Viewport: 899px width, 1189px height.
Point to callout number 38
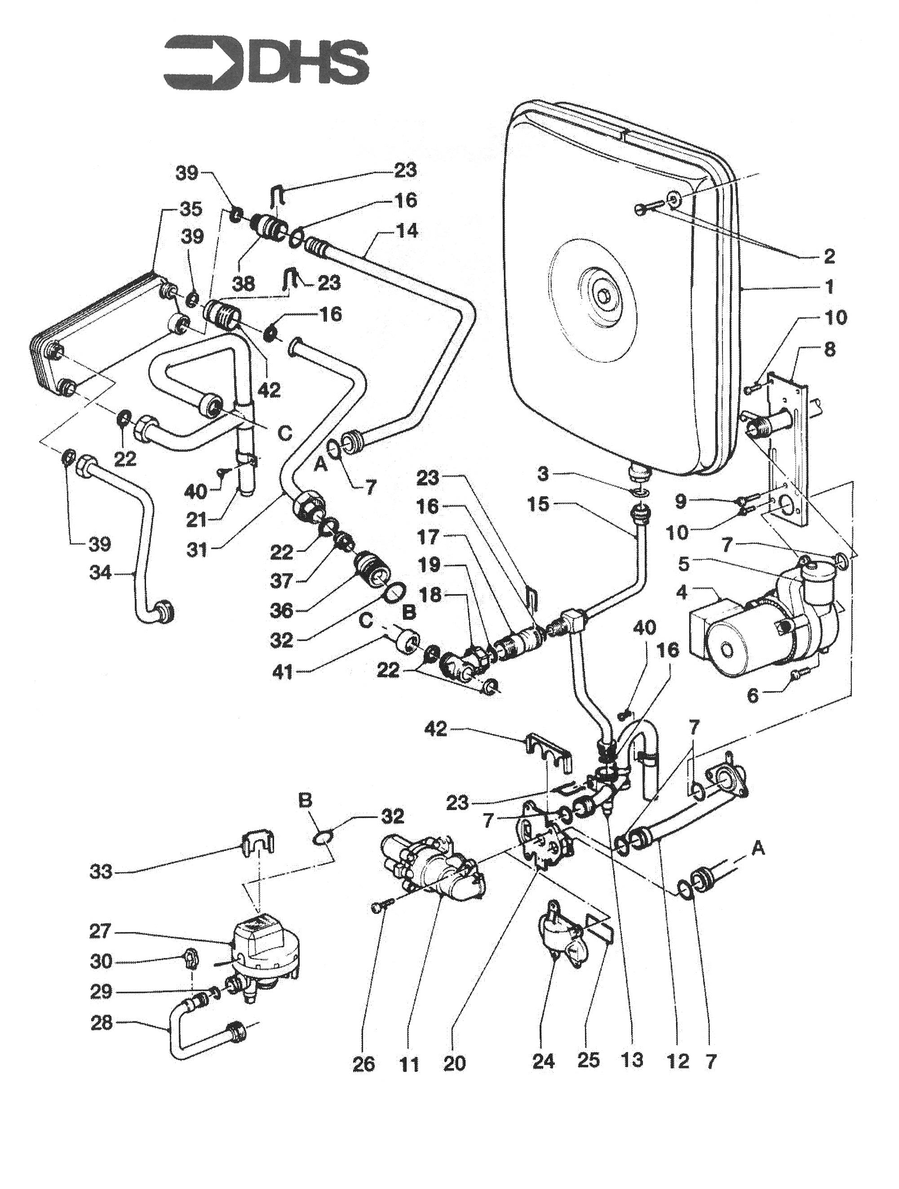tap(244, 283)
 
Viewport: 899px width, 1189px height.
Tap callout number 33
tap(101, 871)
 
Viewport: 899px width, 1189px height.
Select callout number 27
tap(101, 931)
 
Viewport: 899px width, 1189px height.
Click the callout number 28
tap(101, 1022)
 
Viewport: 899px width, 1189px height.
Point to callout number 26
tap(363, 1064)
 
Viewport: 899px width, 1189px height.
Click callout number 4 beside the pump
tap(682, 593)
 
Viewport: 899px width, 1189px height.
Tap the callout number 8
tap(830, 349)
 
